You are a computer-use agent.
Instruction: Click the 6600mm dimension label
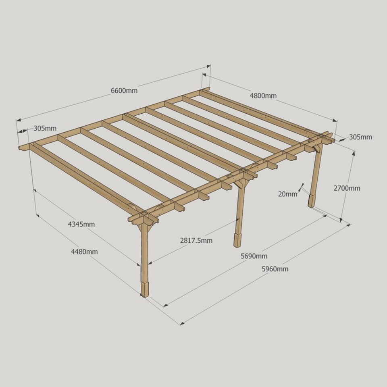pyautogui.click(x=124, y=91)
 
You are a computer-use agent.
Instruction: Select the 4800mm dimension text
pyautogui.click(x=263, y=96)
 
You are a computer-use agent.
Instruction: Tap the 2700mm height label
pyautogui.click(x=347, y=188)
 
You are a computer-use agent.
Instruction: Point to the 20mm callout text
pyautogui.click(x=287, y=194)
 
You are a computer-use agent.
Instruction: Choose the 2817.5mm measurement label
pyautogui.click(x=196, y=240)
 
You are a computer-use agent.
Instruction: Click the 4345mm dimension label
pyautogui.click(x=81, y=224)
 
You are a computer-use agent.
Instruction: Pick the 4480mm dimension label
pyautogui.click(x=84, y=252)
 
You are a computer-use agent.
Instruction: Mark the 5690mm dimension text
pyautogui.click(x=254, y=256)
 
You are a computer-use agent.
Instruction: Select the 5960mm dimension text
pyautogui.click(x=275, y=268)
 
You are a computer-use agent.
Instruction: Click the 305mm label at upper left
pyautogui.click(x=45, y=128)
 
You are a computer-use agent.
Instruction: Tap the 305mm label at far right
pyautogui.click(x=360, y=137)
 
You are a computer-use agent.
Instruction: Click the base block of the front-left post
pyautogui.click(x=145, y=289)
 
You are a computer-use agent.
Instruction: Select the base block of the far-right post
pyautogui.click(x=312, y=201)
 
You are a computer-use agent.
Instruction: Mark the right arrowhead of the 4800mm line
pyautogui.click(x=335, y=120)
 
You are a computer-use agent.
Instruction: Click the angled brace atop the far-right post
pyautogui.click(x=317, y=148)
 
